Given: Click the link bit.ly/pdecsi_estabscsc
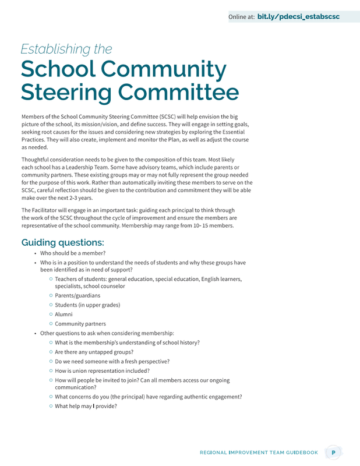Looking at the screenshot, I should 298,17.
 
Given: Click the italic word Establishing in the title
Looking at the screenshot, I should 66,49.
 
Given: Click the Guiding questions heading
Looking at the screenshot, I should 62,242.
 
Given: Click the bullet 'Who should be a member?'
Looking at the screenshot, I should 73,253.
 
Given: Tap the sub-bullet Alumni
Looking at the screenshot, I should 63,314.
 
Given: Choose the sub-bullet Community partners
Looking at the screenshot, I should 80,323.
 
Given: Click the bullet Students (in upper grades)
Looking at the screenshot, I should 87,305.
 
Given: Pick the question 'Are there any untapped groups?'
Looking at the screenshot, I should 94,352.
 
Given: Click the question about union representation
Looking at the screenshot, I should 102,370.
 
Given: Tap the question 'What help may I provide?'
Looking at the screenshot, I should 86,406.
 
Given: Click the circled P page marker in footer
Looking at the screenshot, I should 333,452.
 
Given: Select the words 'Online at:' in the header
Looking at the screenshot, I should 241,17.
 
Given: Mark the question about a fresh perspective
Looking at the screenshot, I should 112,361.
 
